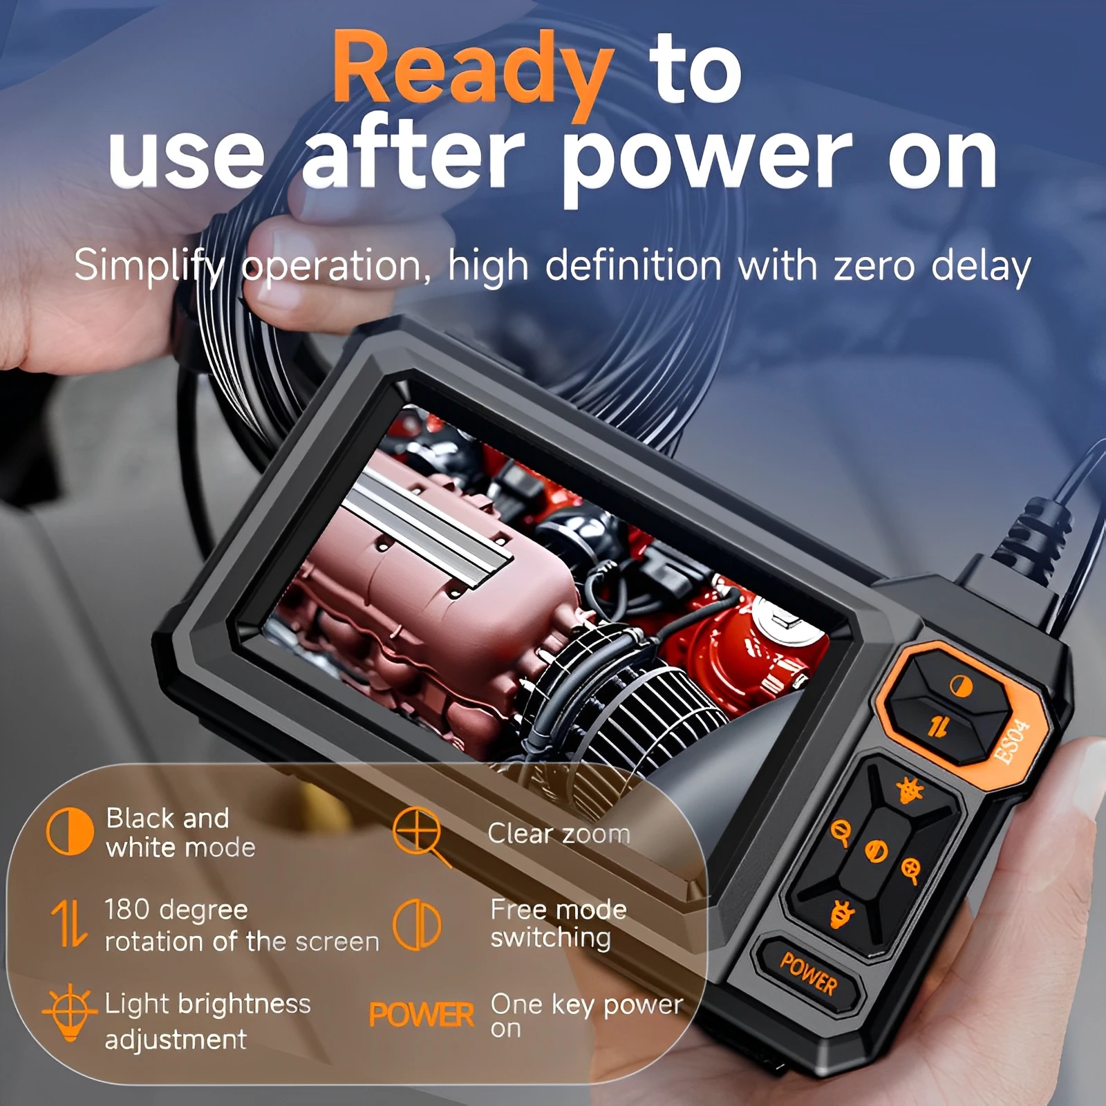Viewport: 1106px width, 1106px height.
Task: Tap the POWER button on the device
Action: [x=808, y=973]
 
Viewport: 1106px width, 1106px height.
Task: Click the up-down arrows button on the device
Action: [x=937, y=726]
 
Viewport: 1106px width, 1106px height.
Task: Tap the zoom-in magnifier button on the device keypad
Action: [x=911, y=870]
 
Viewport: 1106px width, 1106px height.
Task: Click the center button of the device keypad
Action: [x=876, y=852]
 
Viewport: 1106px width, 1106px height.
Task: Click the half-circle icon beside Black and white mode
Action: [x=69, y=832]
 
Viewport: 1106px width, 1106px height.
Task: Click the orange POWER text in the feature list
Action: [x=421, y=1015]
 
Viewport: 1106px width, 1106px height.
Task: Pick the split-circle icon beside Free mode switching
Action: [x=417, y=924]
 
